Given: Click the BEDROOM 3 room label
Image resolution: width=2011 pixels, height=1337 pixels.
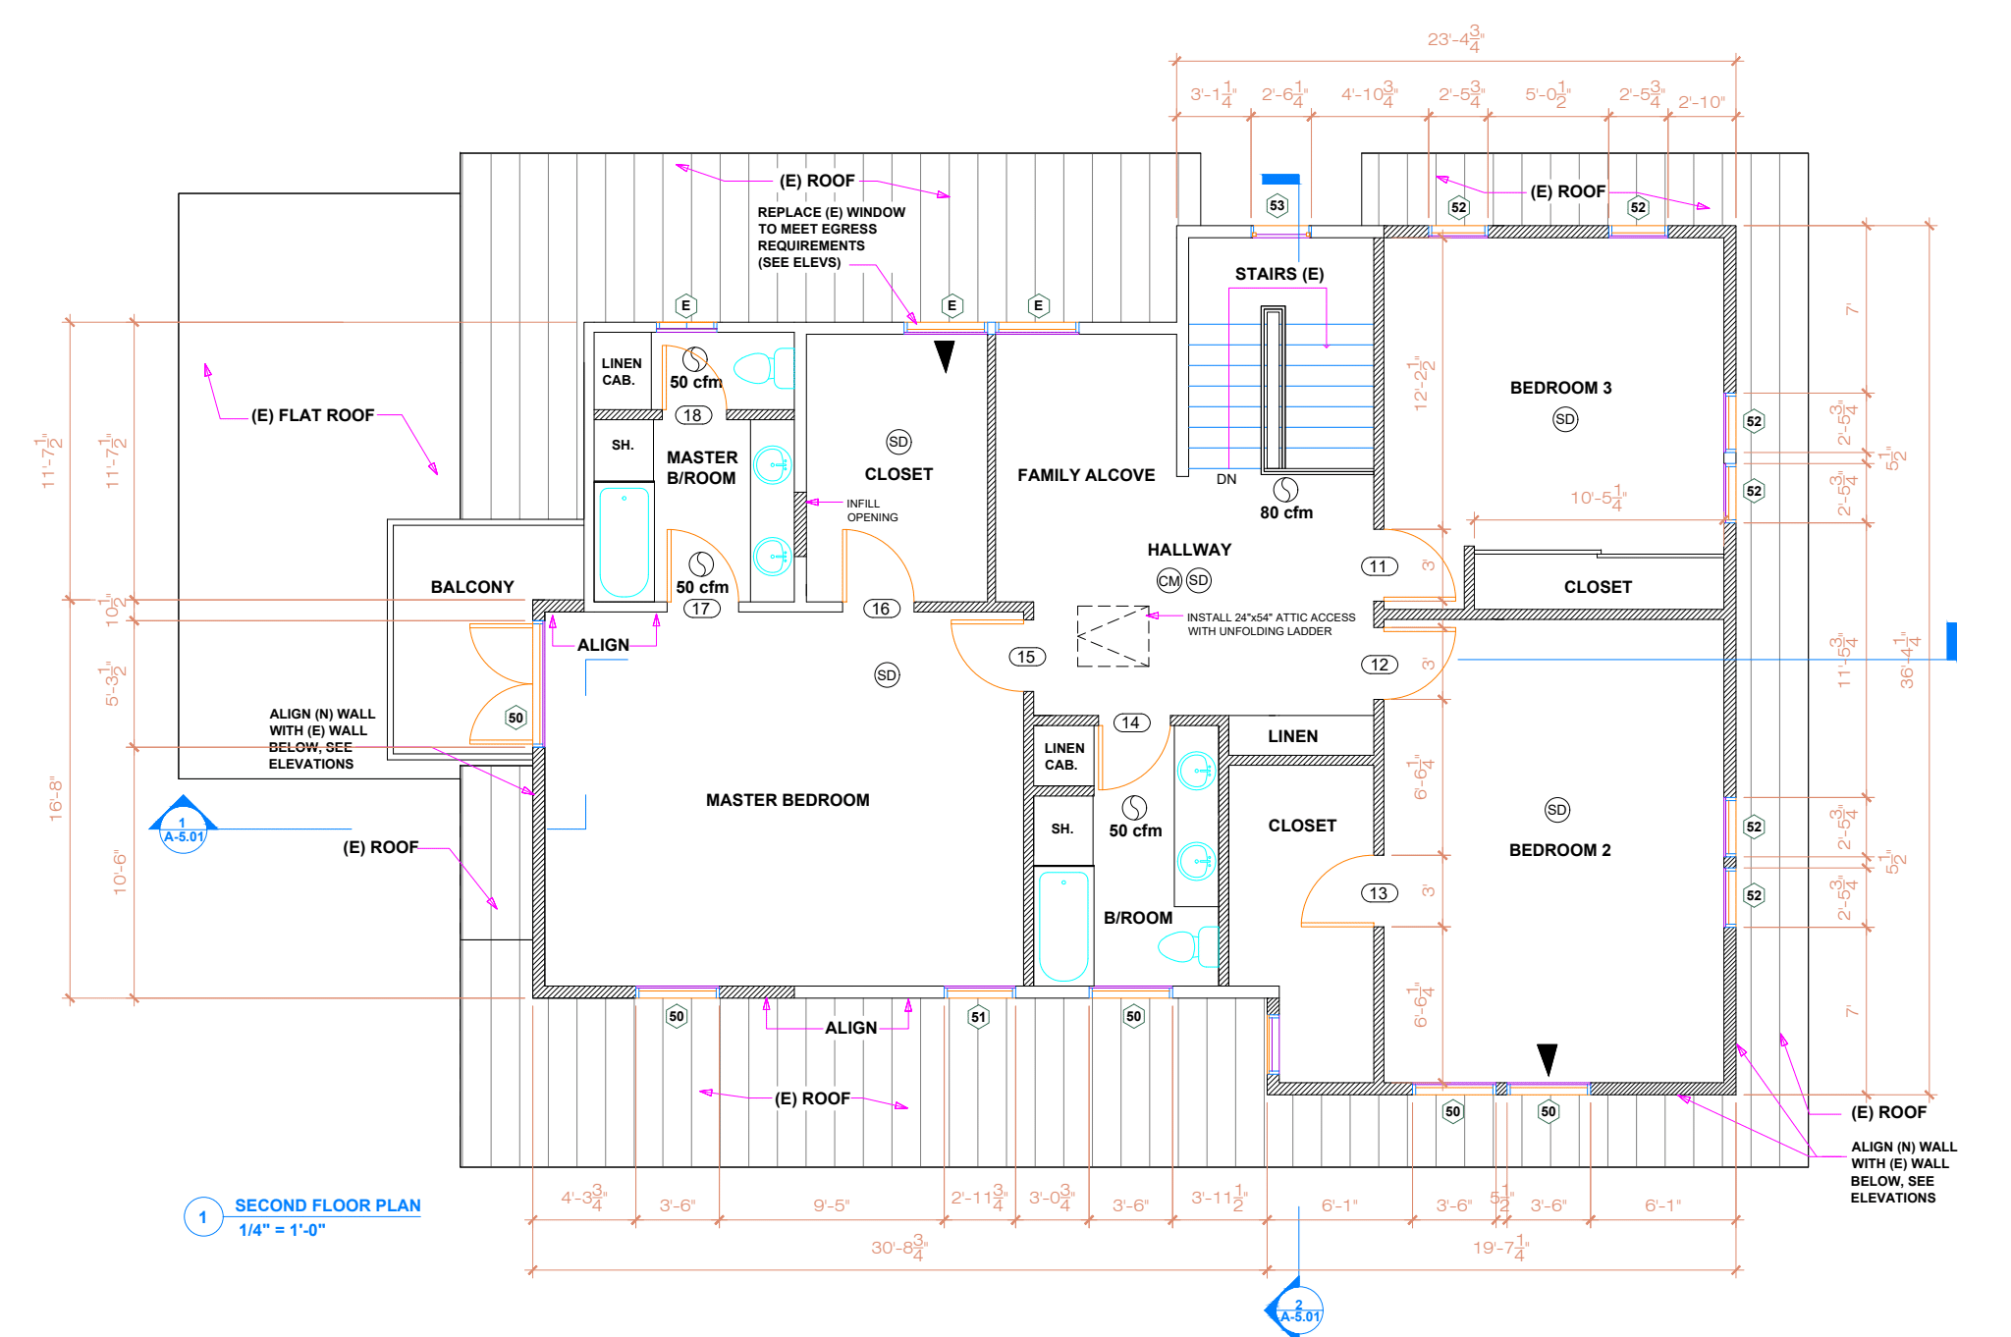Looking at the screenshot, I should click(1560, 388).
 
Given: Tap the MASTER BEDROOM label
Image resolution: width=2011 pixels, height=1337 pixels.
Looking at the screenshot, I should click(788, 800).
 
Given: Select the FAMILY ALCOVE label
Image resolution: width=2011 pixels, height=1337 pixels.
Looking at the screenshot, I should click(1086, 475).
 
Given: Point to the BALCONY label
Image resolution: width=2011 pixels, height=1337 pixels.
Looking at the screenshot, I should click(472, 587).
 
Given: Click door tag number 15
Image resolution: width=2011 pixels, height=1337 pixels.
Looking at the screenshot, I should click(1026, 657).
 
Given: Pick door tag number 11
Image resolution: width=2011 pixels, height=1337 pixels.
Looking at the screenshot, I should click(1379, 566).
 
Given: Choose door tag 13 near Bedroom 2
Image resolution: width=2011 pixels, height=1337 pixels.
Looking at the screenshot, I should click(1379, 893).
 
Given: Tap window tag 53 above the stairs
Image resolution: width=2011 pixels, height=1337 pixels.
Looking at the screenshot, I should click(1277, 205).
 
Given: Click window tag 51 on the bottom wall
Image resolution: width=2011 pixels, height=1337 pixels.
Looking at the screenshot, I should click(978, 1017).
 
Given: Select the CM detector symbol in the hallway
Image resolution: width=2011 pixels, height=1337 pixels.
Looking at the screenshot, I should click(1169, 580).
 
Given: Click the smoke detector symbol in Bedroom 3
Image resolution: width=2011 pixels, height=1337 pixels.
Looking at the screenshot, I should click(1565, 419).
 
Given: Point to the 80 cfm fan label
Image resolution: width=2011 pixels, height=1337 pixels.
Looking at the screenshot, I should click(1286, 512).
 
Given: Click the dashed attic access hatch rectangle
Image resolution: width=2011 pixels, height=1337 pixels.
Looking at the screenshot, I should click(1113, 636).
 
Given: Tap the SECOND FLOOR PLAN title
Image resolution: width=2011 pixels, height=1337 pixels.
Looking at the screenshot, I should click(327, 1205).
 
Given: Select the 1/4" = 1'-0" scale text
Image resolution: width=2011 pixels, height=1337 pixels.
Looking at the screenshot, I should click(282, 1230).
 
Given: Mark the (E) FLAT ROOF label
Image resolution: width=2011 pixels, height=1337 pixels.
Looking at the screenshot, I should click(312, 415).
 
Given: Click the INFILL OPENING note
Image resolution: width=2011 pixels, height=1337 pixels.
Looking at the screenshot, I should click(872, 510).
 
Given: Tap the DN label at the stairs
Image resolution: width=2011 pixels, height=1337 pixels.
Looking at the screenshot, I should click(1226, 479).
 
